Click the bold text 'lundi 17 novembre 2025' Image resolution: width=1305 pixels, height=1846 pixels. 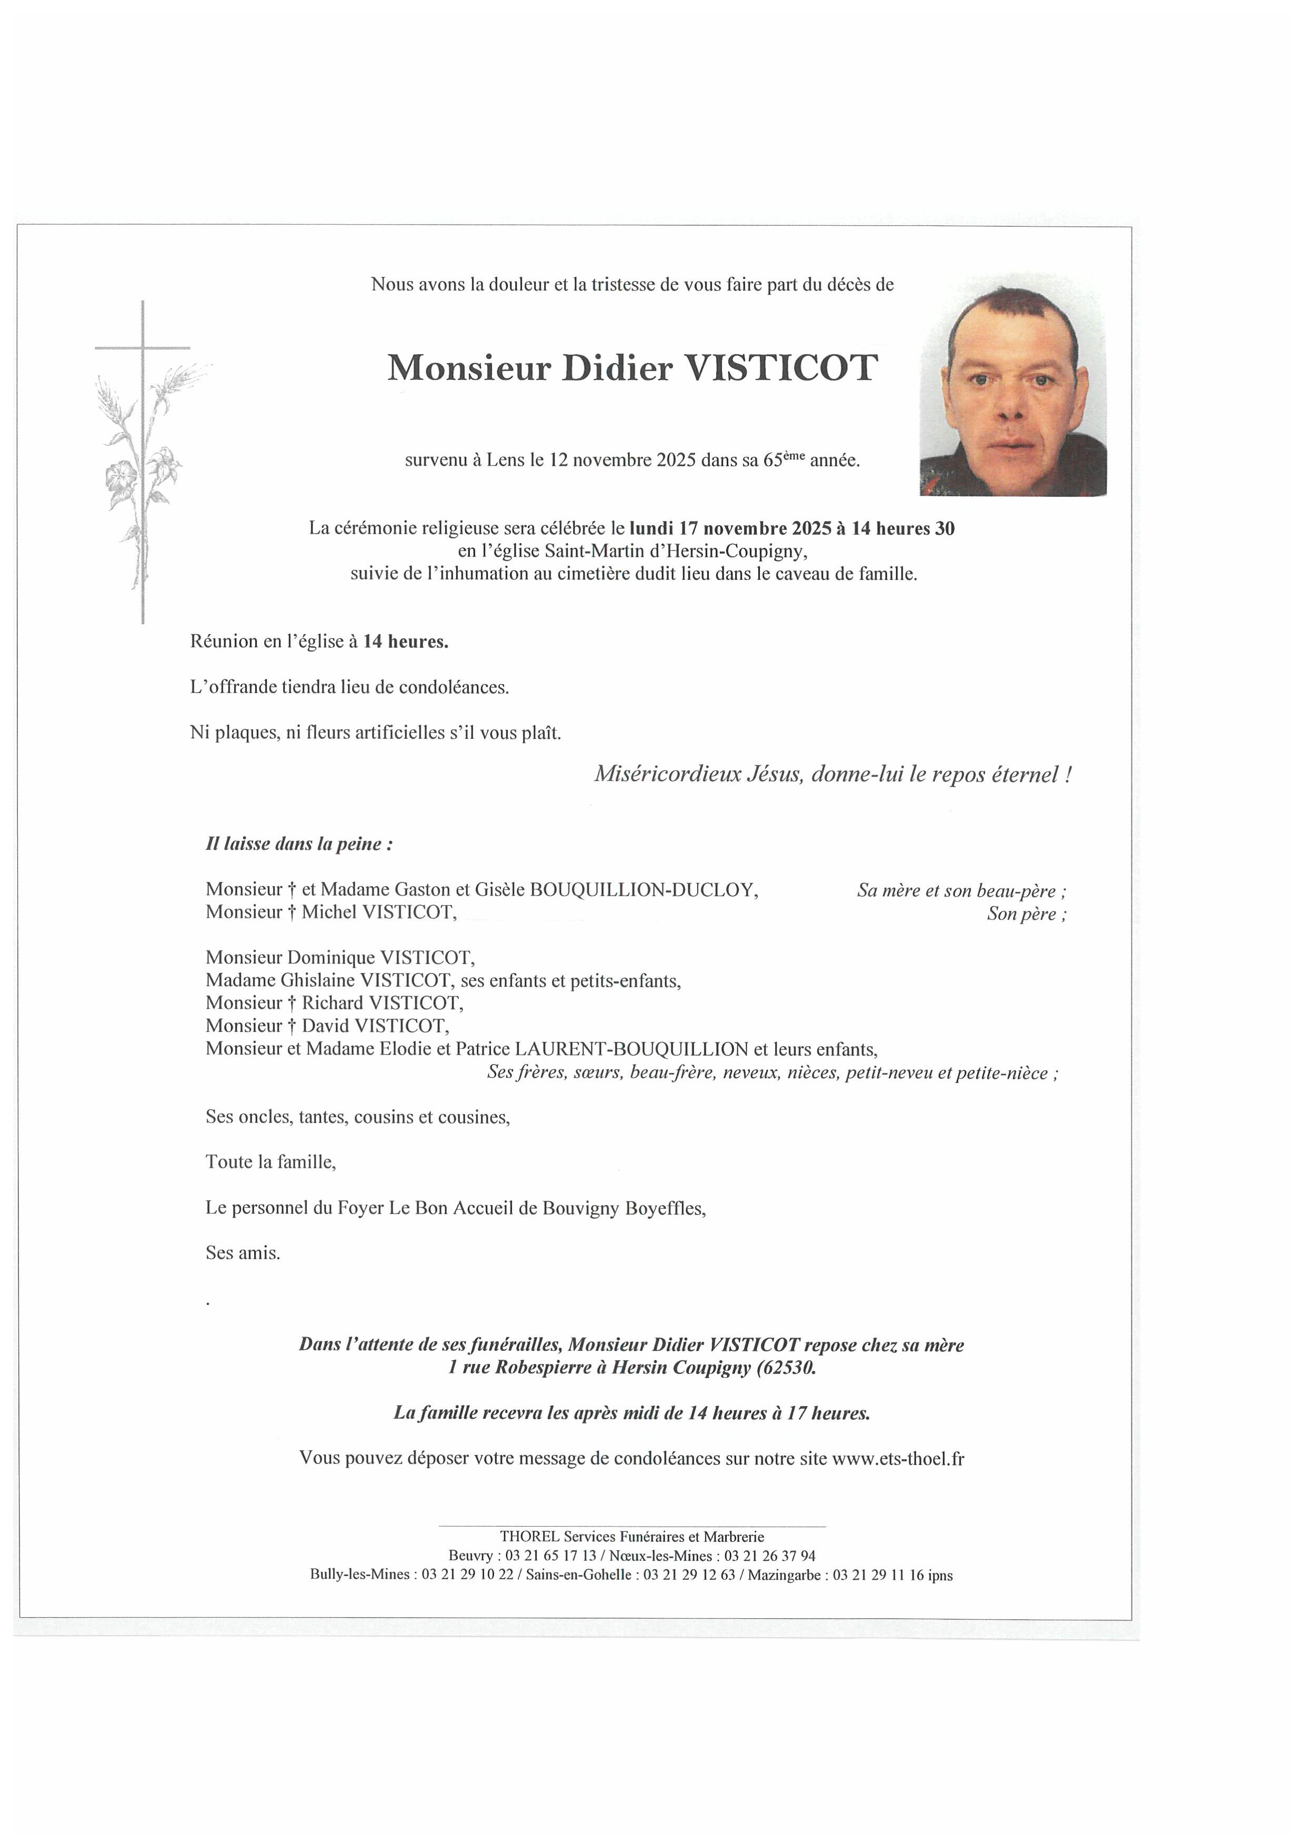pyautogui.click(x=729, y=528)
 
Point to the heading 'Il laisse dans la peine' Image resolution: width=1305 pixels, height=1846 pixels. pyautogui.click(x=299, y=844)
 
